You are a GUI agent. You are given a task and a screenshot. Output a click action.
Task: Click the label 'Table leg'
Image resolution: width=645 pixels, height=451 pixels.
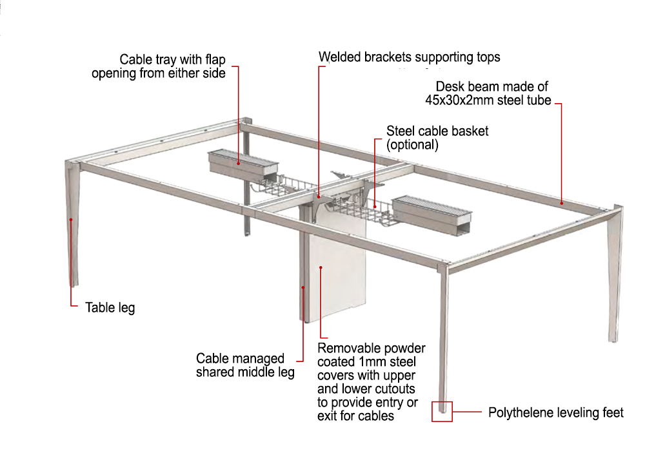pos(110,307)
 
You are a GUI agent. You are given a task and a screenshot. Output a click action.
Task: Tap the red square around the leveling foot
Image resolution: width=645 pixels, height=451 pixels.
pos(442,411)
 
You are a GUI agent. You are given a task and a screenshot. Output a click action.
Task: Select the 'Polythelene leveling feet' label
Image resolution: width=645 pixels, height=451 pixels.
pos(555,412)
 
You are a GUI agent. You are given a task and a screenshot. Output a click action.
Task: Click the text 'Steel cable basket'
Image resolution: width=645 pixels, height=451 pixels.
pos(437,131)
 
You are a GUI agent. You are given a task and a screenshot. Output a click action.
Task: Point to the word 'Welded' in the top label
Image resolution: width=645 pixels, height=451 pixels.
pos(340,57)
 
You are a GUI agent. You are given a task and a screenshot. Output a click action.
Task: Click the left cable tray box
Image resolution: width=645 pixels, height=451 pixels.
pos(243,165)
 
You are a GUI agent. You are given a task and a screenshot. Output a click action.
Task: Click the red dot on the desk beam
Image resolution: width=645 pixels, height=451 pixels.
pos(562,203)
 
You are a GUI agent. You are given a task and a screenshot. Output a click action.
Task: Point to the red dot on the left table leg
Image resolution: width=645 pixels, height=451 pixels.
pos(70,220)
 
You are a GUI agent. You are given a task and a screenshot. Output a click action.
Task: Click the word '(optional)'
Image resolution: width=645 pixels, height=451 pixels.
pos(412,145)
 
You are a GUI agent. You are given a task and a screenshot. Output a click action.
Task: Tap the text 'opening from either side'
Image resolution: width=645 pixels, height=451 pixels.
pos(159,73)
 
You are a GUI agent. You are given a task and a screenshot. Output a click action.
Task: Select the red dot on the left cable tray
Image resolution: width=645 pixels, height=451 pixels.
pos(239,162)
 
